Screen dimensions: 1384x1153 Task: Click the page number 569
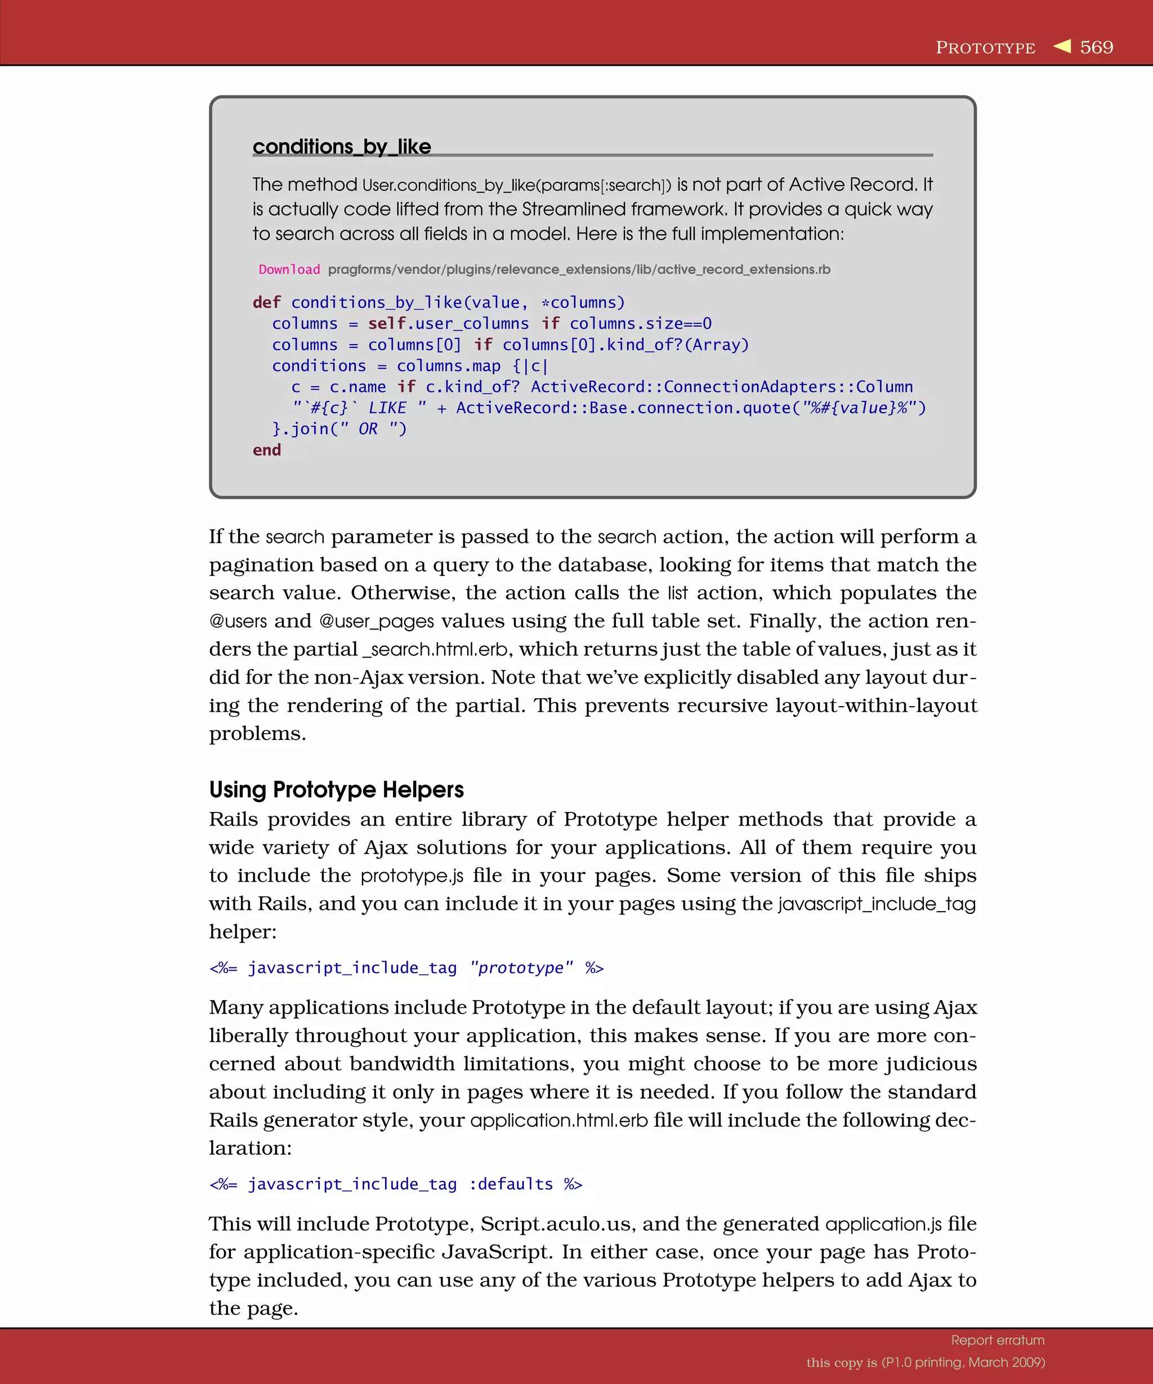coord(1096,47)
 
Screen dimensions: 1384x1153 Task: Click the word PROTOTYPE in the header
coord(985,48)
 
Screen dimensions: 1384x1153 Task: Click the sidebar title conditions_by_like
coord(341,146)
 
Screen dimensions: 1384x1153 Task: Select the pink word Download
coord(289,270)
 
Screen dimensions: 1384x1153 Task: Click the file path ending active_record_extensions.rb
coord(579,270)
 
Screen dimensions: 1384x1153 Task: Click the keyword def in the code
coord(266,302)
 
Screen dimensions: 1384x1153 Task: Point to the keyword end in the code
coord(266,450)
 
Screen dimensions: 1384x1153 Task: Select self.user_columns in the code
coord(448,324)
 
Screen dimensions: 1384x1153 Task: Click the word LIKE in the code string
coord(387,408)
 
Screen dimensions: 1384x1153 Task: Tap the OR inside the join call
coord(368,429)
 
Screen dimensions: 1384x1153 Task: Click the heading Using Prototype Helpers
coord(336,789)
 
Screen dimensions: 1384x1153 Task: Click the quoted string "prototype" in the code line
coord(521,967)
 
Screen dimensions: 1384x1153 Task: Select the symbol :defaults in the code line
coord(511,1184)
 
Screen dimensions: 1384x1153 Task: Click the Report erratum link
coord(997,1340)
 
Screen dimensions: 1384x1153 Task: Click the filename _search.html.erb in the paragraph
coord(436,649)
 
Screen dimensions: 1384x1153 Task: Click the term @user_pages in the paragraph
coord(376,622)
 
